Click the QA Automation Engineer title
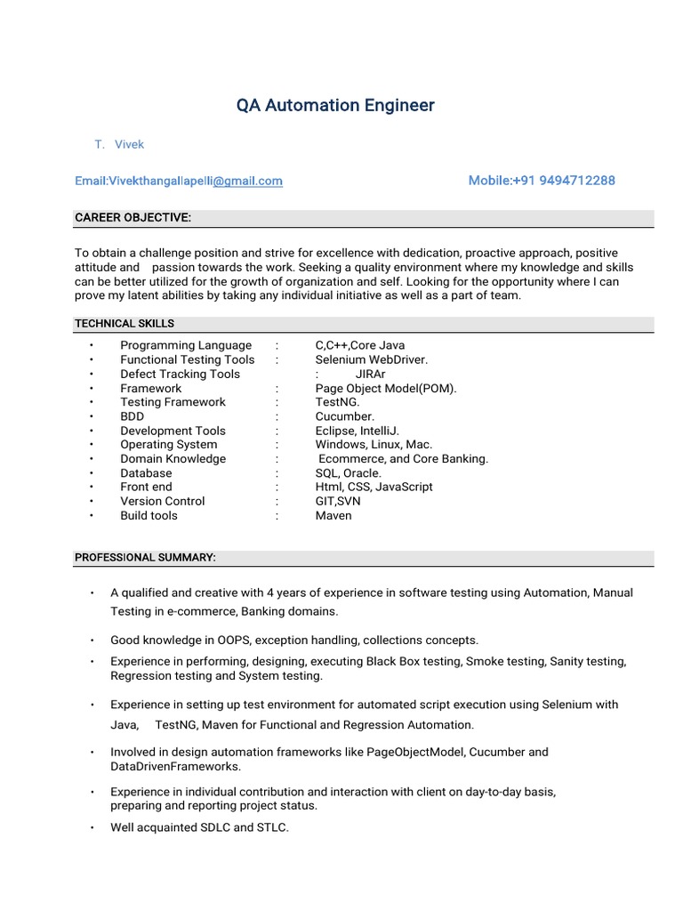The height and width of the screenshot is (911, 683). tap(335, 106)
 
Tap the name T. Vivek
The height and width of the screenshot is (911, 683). tap(119, 144)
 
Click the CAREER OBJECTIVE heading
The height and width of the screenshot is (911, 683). tap(133, 218)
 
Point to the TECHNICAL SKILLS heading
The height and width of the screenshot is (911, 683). tap(125, 324)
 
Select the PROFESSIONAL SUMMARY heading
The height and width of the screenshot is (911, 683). tap(145, 558)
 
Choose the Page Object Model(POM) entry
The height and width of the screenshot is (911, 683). tap(385, 388)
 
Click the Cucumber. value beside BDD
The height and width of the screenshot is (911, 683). tap(345, 416)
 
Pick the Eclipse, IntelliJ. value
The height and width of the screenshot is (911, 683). tap(361, 431)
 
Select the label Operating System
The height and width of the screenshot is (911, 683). tap(168, 445)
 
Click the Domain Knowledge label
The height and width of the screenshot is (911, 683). tap(173, 459)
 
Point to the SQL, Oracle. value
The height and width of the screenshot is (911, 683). tap(348, 473)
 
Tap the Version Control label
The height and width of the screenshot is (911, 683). tap(162, 501)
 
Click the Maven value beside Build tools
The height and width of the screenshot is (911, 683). tap(333, 515)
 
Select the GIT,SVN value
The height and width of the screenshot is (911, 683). tap(338, 501)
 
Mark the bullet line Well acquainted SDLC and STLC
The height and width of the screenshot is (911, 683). tap(199, 827)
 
